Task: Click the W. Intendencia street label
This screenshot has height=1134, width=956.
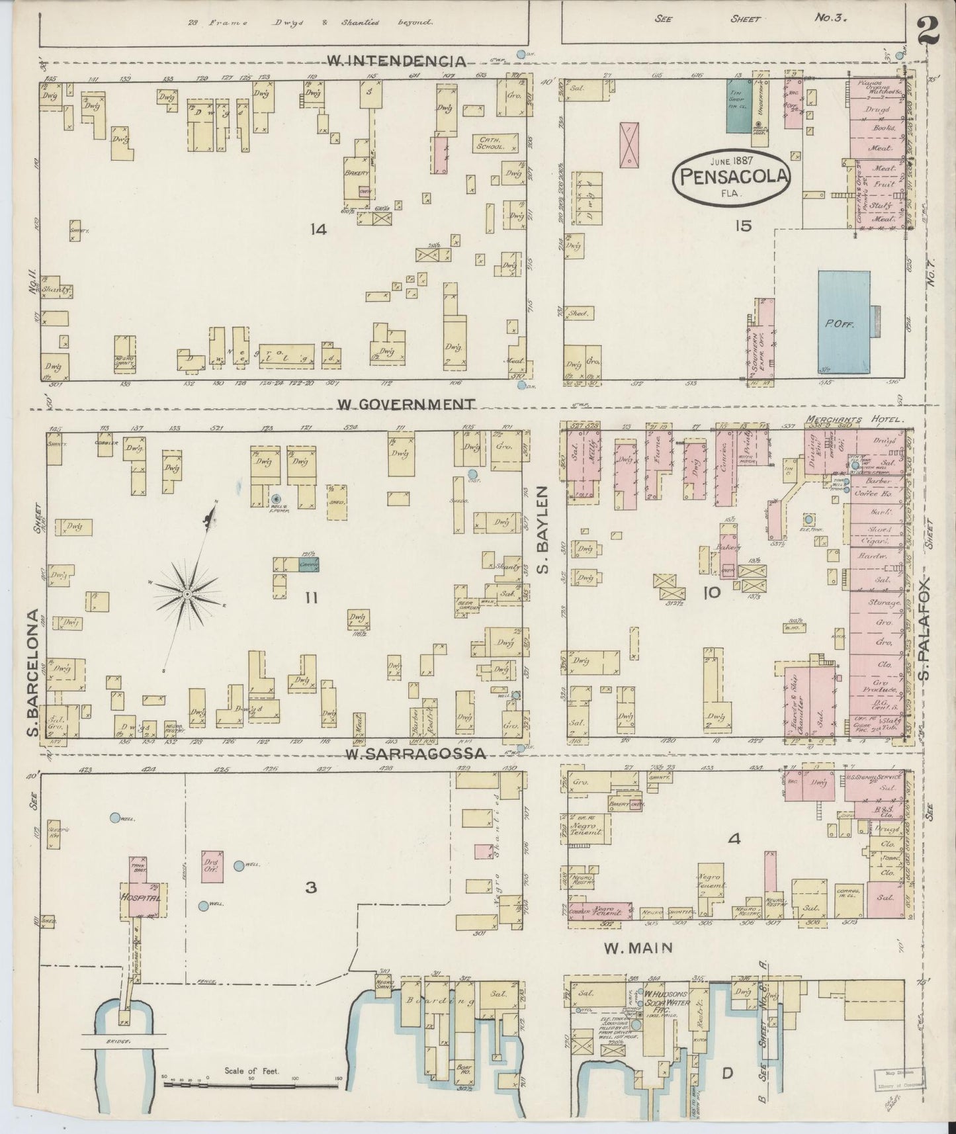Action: pyautogui.click(x=395, y=62)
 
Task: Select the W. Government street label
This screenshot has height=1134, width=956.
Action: pyautogui.click(x=406, y=403)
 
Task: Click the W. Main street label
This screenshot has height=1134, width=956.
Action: pyautogui.click(x=638, y=948)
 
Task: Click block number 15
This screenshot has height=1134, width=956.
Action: pyautogui.click(x=742, y=226)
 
